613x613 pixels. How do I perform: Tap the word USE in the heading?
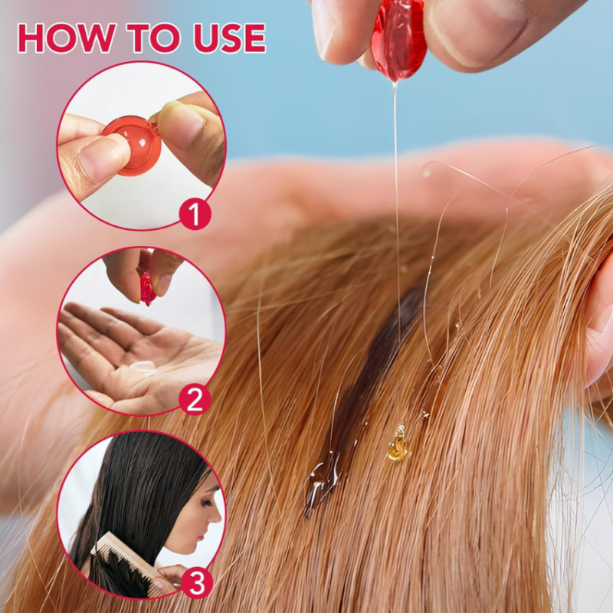click(x=221, y=38)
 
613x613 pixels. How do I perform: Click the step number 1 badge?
click(x=195, y=214)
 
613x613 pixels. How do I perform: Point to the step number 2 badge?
click(x=195, y=398)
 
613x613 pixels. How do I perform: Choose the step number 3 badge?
click(x=197, y=583)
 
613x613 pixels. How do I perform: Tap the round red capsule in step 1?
click(x=133, y=143)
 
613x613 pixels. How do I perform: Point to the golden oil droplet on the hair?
click(x=396, y=447)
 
